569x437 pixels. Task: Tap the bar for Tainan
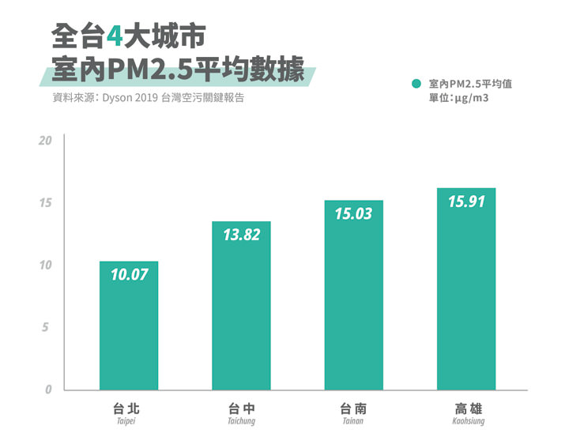click(353, 296)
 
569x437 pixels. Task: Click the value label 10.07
click(129, 274)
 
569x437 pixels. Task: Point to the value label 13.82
click(241, 235)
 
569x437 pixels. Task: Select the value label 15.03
click(353, 213)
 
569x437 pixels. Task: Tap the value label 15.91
click(466, 202)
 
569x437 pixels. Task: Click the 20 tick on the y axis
click(45, 141)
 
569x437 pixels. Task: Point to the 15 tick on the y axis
click(45, 203)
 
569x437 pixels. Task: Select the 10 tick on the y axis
click(45, 265)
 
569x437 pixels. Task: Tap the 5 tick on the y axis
click(47, 327)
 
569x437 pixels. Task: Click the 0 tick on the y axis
click(47, 390)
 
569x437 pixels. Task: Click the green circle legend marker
click(416, 83)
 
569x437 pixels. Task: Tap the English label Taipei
click(126, 422)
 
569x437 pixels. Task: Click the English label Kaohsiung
click(468, 422)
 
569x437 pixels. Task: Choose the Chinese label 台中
click(242, 409)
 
